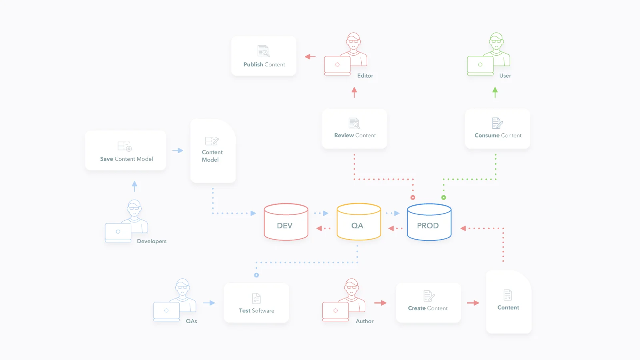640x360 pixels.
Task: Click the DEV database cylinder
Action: [286, 222]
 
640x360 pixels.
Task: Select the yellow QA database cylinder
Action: [359, 222]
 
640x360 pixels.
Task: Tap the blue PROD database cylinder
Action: [429, 222]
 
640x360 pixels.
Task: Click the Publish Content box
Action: [264, 56]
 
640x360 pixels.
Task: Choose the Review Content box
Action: [354, 128]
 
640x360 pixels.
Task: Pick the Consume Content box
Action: [498, 128]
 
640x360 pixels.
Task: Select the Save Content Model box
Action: [126, 150]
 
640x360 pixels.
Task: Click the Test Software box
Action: [256, 303]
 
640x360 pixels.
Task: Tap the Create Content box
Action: [428, 303]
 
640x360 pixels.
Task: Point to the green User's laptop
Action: [480, 66]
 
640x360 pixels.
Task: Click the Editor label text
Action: [365, 76]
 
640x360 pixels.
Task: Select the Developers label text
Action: [152, 242]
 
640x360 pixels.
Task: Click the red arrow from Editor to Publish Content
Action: [310, 57]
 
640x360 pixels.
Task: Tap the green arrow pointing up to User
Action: [495, 92]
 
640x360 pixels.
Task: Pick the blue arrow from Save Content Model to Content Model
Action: [178, 150]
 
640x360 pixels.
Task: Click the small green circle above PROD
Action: [444, 198]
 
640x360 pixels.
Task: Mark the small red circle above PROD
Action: [413, 198]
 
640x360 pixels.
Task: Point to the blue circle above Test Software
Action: [256, 275]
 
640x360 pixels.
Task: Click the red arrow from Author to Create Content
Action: [380, 303]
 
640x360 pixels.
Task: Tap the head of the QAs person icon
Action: [182, 288]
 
